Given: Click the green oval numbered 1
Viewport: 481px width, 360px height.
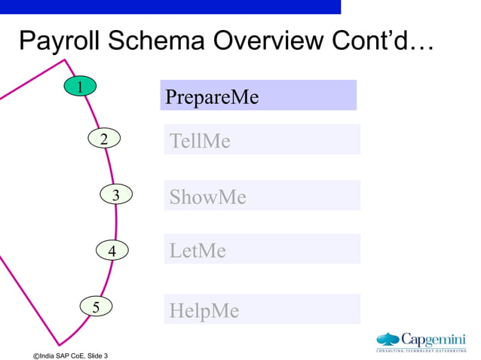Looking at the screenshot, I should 79,87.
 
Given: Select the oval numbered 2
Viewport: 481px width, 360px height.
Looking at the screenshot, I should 104,139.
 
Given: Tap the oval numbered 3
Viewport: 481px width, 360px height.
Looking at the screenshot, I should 115,195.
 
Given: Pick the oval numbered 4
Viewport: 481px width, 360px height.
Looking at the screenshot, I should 112,250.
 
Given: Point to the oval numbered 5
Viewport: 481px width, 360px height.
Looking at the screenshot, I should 96,307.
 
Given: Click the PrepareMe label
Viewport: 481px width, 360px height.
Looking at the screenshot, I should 212,97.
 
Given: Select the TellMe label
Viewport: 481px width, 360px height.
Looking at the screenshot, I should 200,141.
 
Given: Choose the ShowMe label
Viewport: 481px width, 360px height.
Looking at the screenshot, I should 208,197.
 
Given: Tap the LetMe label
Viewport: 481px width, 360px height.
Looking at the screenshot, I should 198,251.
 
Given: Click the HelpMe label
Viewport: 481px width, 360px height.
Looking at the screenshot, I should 204,310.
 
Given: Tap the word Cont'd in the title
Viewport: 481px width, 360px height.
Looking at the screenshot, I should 384,41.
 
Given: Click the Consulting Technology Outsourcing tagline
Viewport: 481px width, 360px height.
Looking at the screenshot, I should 421,350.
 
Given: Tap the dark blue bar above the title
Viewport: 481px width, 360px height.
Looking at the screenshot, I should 170,6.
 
